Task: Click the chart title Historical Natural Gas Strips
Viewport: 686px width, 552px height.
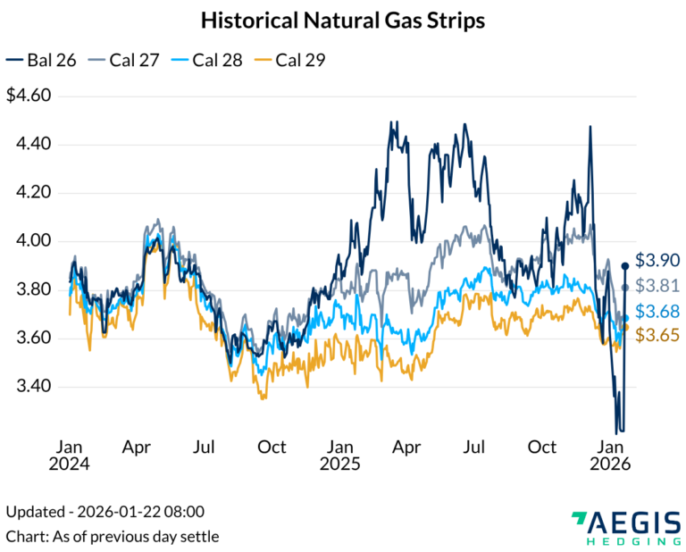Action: [343, 21]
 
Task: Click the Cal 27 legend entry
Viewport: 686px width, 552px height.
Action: [126, 60]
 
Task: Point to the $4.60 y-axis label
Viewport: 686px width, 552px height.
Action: [30, 96]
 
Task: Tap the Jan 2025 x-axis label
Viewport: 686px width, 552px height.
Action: [339, 455]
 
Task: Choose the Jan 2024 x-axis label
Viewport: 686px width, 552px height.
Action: [71, 455]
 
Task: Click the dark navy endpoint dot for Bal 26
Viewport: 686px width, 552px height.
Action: [625, 265]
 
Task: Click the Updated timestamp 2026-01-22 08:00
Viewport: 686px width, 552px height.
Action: [105, 512]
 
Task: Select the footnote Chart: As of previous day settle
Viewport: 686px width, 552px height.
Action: [113, 536]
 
